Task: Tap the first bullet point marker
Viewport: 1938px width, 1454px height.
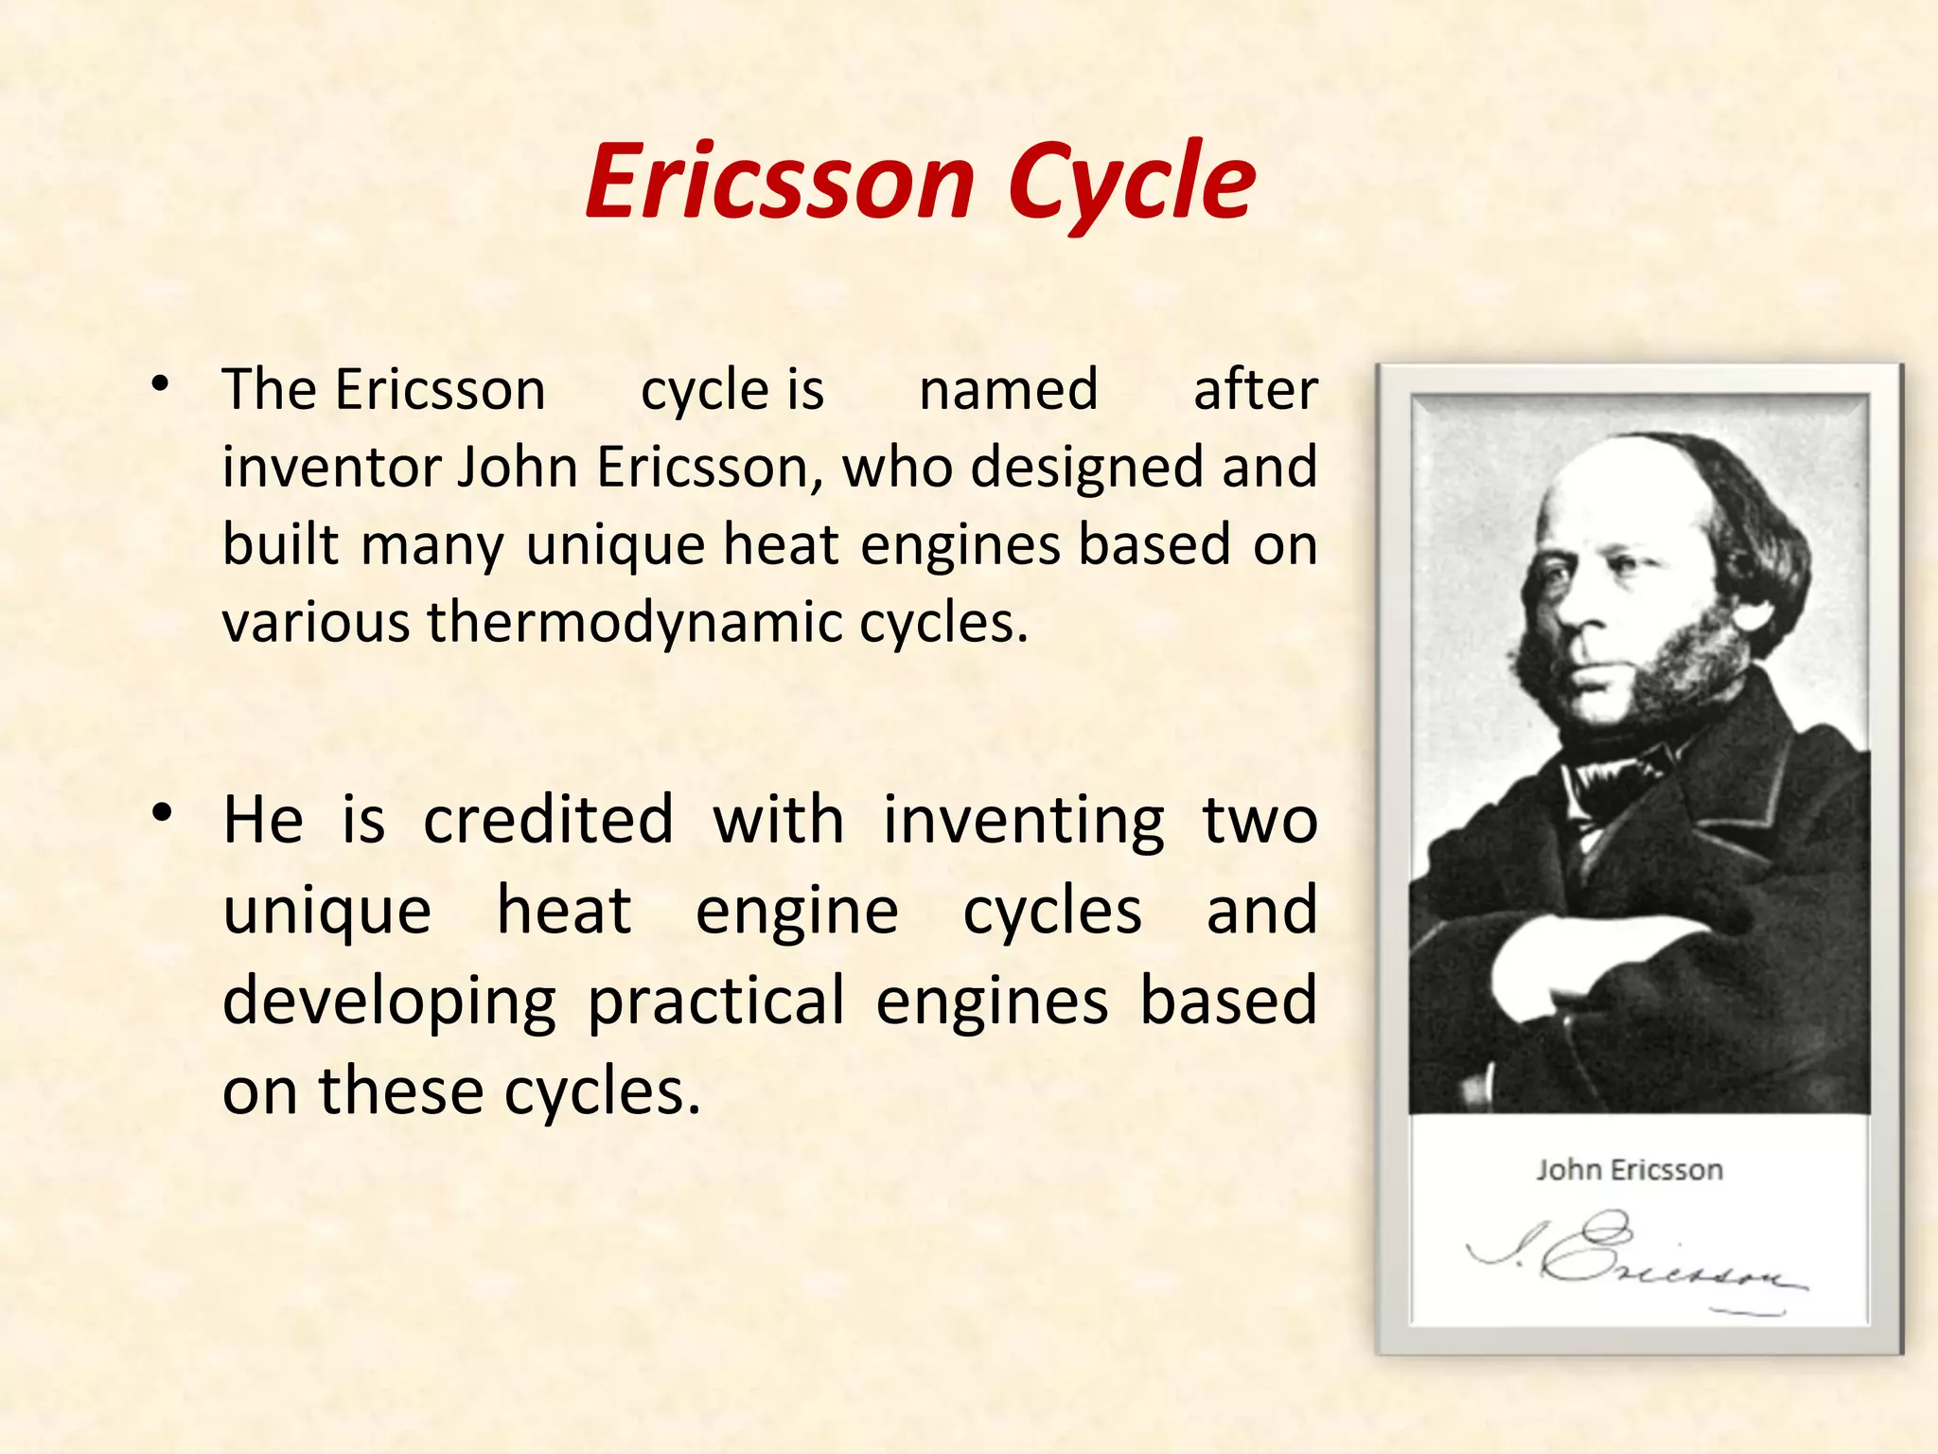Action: pyautogui.click(x=161, y=384)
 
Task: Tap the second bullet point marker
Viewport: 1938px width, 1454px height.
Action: pyautogui.click(x=163, y=813)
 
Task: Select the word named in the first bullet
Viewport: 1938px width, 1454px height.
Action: pyautogui.click(x=1009, y=389)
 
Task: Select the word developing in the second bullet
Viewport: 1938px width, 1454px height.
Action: pyautogui.click(x=389, y=1002)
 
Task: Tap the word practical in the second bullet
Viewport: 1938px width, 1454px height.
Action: pyautogui.click(x=715, y=1002)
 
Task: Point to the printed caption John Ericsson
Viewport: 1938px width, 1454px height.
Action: pyautogui.click(x=1629, y=1170)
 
